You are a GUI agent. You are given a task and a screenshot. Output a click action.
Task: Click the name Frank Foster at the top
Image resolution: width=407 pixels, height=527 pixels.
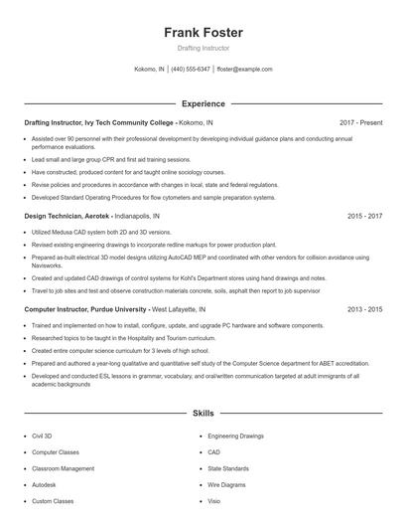(x=203, y=32)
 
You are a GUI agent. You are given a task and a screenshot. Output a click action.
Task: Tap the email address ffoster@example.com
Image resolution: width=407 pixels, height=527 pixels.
(x=244, y=70)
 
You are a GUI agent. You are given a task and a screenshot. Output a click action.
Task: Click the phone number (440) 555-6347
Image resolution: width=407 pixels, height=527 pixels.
(x=191, y=70)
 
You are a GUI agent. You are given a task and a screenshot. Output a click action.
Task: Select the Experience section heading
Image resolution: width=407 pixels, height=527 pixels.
(x=203, y=103)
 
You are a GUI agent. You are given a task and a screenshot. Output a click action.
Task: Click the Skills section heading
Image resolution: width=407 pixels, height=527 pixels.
(x=203, y=413)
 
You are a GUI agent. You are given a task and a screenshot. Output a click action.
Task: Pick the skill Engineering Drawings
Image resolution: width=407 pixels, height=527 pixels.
(x=236, y=436)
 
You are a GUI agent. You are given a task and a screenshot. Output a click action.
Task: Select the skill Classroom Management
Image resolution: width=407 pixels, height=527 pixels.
(x=64, y=467)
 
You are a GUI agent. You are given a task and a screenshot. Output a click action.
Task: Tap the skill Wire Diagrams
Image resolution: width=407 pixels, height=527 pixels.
(x=227, y=483)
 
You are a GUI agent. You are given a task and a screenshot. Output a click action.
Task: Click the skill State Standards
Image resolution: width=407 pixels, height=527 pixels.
(x=229, y=467)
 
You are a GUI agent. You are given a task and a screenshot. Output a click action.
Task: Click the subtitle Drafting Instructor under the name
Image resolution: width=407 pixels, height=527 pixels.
(x=203, y=48)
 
